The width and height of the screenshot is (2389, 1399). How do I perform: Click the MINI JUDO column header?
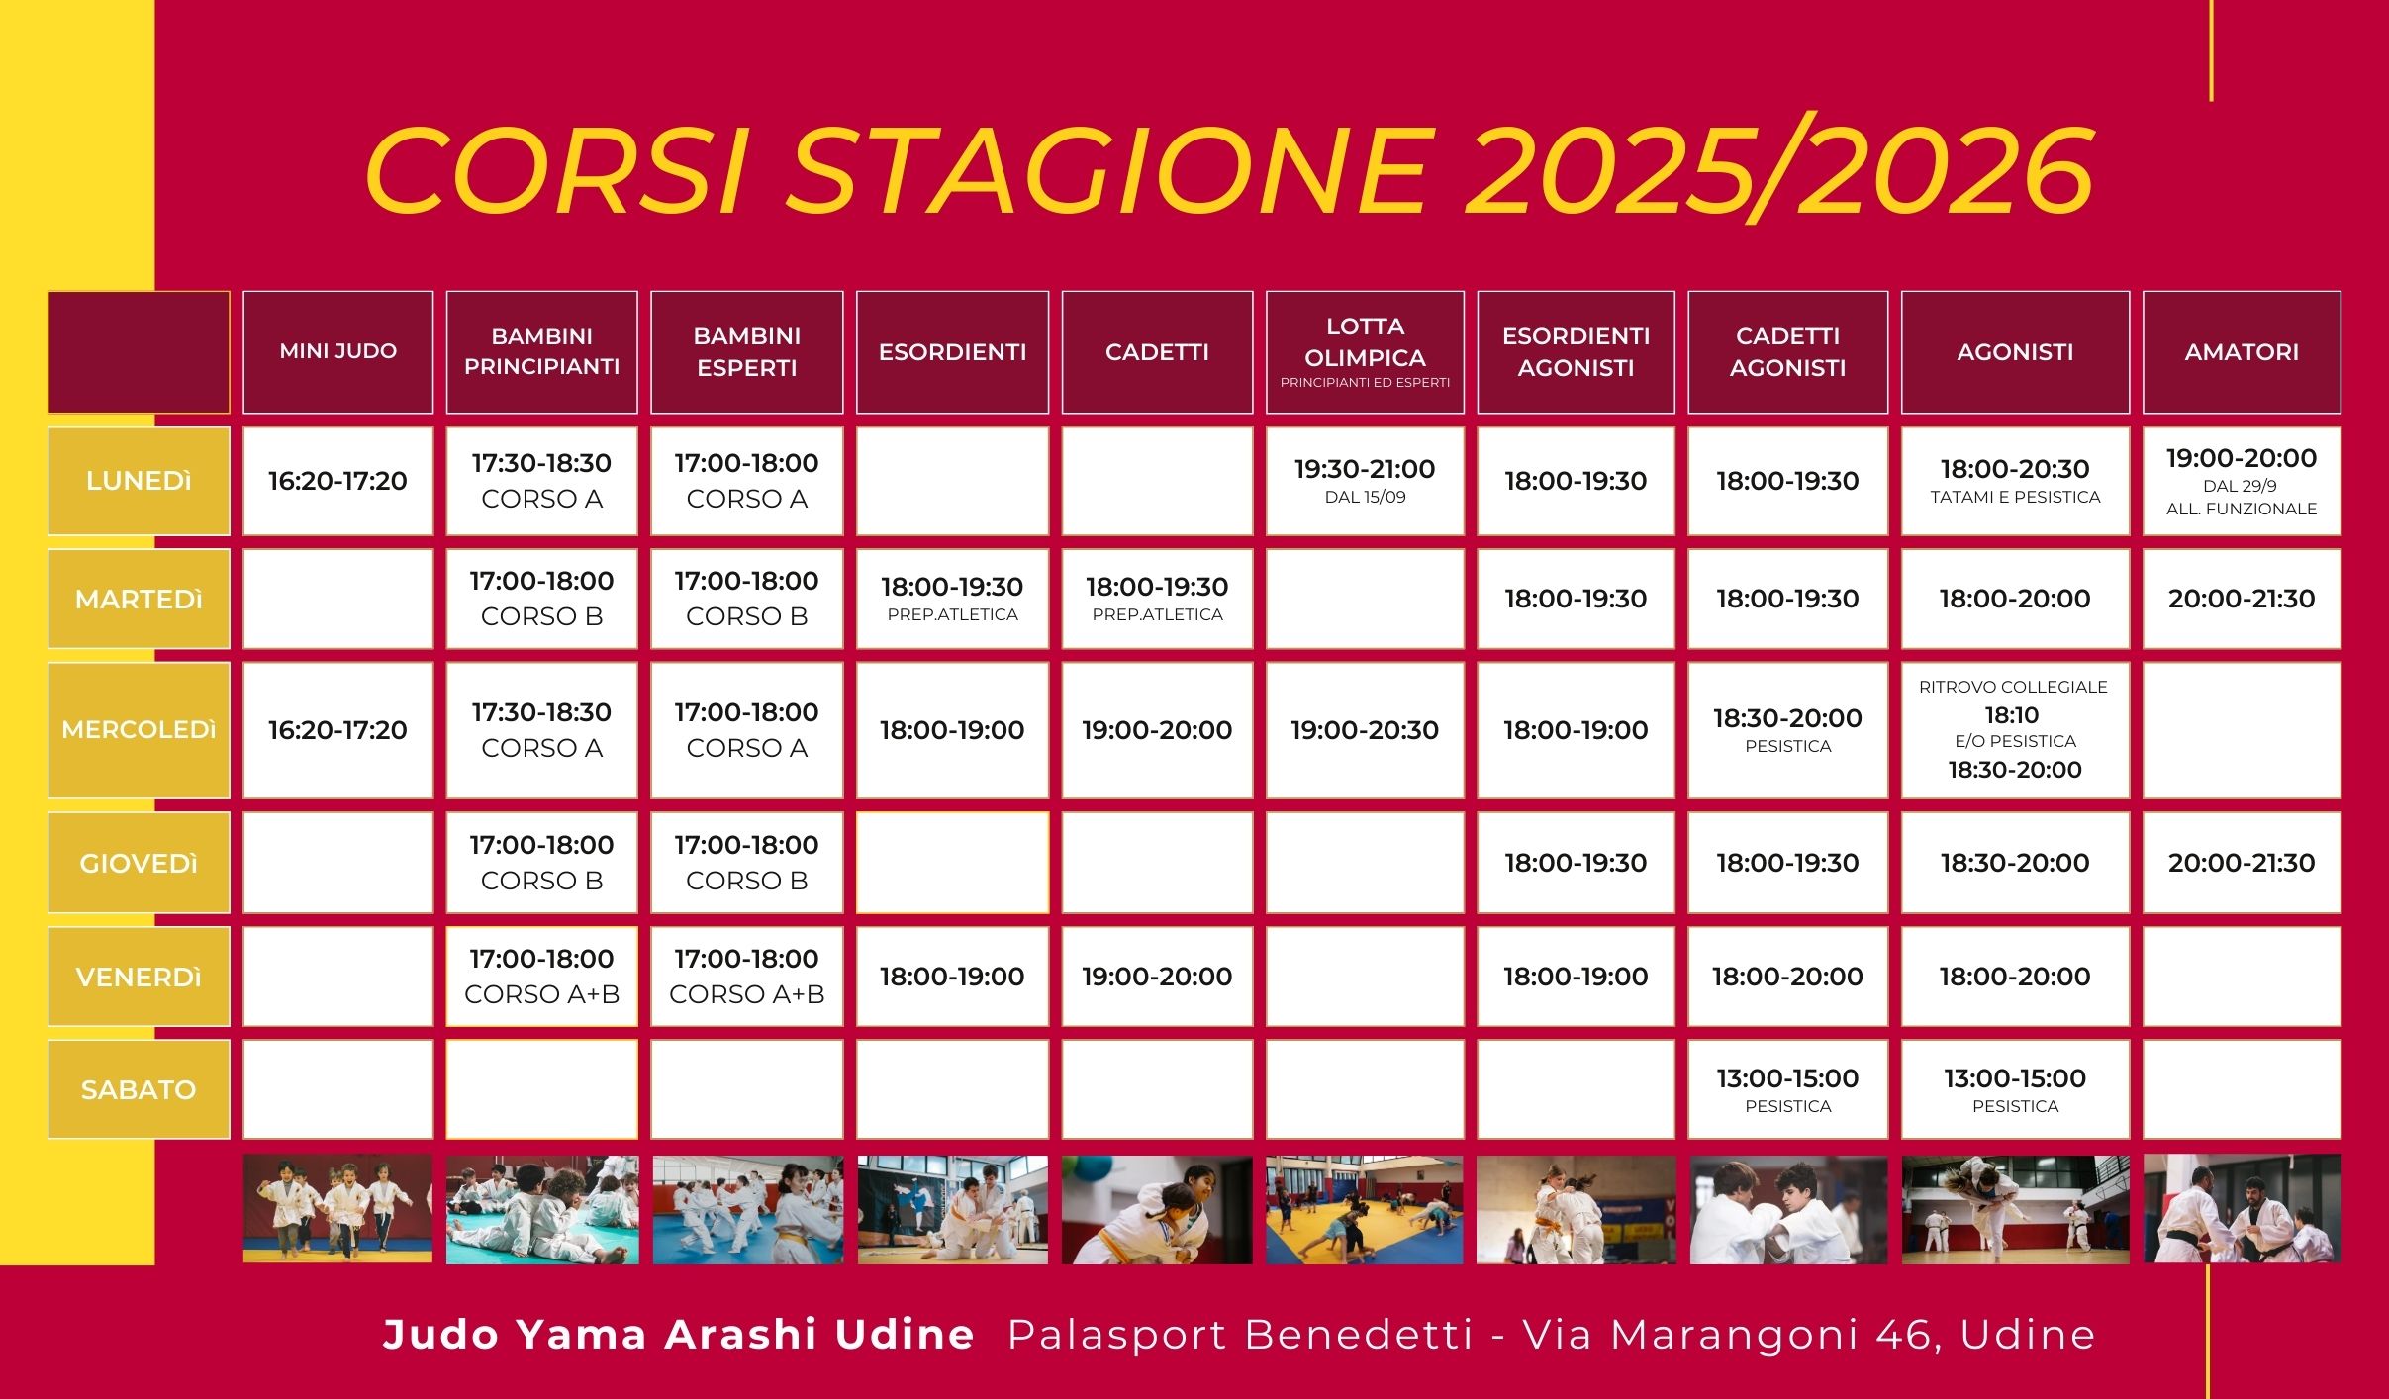pos(337,351)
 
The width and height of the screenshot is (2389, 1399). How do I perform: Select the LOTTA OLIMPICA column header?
pos(1365,351)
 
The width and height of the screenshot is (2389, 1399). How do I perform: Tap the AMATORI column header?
pos(2242,351)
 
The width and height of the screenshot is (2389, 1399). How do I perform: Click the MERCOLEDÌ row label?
pos(139,730)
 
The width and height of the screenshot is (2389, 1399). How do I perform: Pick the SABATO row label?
pos(139,1089)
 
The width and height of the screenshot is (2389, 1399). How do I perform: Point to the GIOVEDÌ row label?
pos(139,863)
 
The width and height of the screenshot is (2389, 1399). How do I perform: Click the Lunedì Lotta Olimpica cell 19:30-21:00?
pos(1365,481)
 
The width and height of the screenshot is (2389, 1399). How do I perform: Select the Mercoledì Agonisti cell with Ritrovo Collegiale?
pos(2015,730)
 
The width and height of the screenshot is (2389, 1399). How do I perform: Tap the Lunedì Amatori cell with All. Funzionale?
pos(2242,481)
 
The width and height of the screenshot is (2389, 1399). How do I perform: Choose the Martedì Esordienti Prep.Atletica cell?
pos(952,599)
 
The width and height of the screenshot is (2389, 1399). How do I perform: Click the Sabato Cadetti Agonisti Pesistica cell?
pos(1787,1089)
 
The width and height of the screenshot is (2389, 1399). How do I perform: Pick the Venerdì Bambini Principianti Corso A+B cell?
pos(541,977)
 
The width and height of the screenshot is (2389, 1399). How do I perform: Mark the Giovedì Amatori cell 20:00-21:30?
pos(2242,863)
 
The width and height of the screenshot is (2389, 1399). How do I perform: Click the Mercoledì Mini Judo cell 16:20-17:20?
pos(337,730)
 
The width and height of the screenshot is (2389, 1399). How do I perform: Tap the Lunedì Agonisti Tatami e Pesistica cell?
pos(2015,481)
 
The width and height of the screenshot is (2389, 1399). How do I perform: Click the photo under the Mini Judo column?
pos(337,1209)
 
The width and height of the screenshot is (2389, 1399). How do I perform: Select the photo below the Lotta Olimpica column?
pos(1365,1209)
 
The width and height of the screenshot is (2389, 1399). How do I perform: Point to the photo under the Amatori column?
pos(2242,1209)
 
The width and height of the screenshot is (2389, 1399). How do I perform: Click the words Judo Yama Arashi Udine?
pos(679,1335)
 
